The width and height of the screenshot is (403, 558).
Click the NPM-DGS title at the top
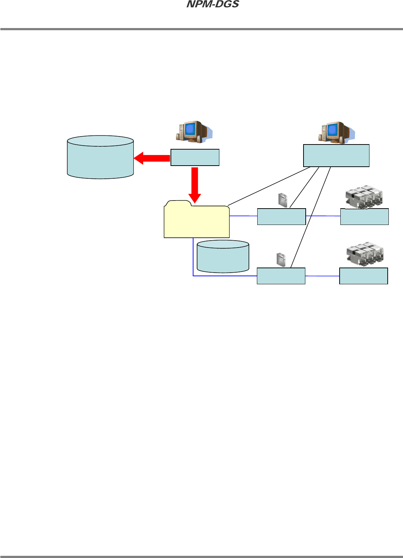[213, 4]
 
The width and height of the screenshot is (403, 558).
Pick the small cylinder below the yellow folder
[223, 256]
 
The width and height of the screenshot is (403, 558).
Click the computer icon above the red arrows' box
[193, 132]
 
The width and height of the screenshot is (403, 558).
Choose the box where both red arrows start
[195, 158]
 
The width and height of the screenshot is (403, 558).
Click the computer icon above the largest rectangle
[336, 132]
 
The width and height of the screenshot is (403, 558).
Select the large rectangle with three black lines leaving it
[336, 155]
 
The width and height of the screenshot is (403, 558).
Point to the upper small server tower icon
[283, 200]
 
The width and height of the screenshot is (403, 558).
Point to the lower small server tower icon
[281, 259]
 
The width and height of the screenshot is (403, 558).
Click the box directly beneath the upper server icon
[281, 217]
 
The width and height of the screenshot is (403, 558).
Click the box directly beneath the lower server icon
[281, 276]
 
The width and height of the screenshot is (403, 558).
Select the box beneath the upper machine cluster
[364, 217]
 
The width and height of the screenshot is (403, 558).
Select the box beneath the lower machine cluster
[363, 276]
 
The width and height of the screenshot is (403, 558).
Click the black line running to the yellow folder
[269, 186]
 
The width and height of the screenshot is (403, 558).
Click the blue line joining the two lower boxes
[322, 276]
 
